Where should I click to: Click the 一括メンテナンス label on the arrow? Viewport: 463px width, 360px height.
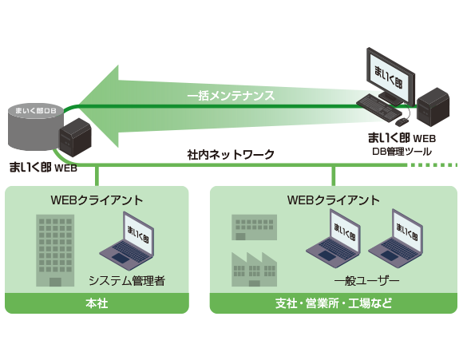point(231,96)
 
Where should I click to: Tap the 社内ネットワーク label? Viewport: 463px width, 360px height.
point(231,153)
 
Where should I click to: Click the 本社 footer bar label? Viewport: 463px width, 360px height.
point(97,303)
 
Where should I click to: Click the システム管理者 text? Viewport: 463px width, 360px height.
point(126,280)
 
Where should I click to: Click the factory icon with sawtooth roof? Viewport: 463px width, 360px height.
point(254,268)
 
